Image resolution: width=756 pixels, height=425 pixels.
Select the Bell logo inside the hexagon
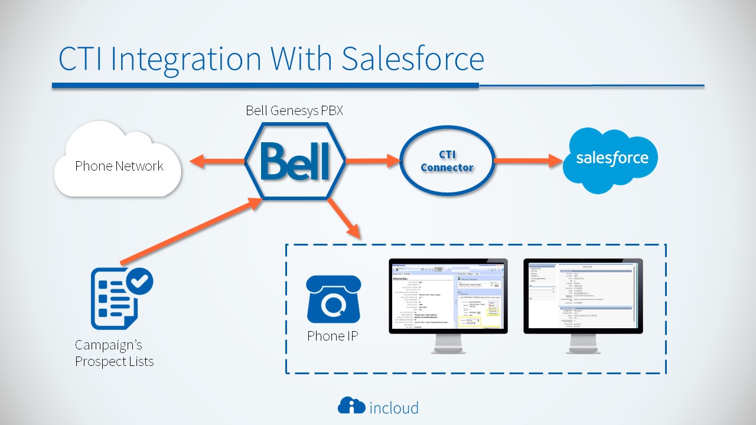tap(295, 161)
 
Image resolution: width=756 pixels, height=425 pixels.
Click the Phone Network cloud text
tap(119, 166)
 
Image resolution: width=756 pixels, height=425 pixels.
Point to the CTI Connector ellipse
tap(447, 161)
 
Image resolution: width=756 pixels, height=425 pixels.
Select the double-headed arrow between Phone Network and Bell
tap(216, 161)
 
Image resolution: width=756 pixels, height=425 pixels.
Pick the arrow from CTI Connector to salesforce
tap(526, 160)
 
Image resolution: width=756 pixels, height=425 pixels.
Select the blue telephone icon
tap(333, 302)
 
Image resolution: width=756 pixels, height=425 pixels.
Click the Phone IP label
tap(332, 336)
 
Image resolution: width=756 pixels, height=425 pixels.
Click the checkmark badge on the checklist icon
tap(139, 282)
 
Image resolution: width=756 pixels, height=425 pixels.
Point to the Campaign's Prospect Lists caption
tap(114, 353)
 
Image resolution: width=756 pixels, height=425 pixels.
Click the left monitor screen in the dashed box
tap(448, 295)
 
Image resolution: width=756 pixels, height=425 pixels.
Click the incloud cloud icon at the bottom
tap(351, 406)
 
